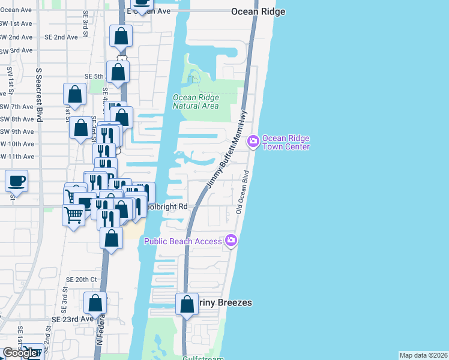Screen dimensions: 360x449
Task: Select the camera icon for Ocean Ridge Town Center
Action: pos(253,141)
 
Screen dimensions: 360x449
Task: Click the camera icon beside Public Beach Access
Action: pos(231,241)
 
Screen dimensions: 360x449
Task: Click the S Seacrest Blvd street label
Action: pos(39,95)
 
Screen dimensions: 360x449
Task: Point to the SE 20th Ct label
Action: pos(82,280)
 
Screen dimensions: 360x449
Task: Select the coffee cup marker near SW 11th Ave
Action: pos(17,180)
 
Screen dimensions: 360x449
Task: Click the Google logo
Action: pos(20,353)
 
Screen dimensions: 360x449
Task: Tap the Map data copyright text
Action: pos(423,355)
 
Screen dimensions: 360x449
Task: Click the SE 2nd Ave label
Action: pos(61,37)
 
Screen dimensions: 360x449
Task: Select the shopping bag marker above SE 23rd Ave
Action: pos(95,303)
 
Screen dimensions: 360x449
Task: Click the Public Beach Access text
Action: pos(183,241)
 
